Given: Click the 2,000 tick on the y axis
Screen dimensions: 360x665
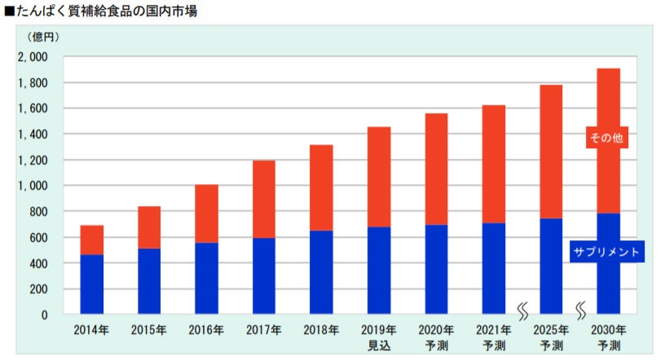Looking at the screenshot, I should pyautogui.click(x=33, y=57).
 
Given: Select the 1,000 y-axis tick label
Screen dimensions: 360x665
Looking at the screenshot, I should pyautogui.click(x=33, y=186).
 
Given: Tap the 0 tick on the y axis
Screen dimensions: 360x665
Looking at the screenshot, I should pyautogui.click(x=45, y=315).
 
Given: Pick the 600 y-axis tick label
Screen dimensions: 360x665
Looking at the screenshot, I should pyautogui.click(x=38, y=238).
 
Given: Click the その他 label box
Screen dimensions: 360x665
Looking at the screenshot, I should pyautogui.click(x=606, y=138).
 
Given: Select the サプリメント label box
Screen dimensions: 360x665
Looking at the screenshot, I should pyautogui.click(x=606, y=252).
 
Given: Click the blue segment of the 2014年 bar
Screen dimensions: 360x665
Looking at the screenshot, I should pyautogui.click(x=91, y=284).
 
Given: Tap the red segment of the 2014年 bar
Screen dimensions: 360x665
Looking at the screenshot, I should pyautogui.click(x=91, y=239).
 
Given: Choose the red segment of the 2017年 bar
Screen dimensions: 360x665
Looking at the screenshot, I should pyautogui.click(x=263, y=199).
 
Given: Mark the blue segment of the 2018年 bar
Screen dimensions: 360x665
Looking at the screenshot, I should pyautogui.click(x=321, y=272).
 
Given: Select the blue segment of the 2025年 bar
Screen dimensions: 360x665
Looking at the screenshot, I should pyautogui.click(x=551, y=266).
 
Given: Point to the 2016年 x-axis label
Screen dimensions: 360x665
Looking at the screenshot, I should pyautogui.click(x=206, y=330).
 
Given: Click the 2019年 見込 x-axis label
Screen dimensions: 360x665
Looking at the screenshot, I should pyautogui.click(x=378, y=336).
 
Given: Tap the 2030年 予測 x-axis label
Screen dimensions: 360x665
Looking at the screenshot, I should pyautogui.click(x=609, y=336).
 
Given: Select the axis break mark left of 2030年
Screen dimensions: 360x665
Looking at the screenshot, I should pyautogui.click(x=581, y=310).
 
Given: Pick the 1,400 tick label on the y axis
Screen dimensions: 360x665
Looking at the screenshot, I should pyautogui.click(x=33, y=134).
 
